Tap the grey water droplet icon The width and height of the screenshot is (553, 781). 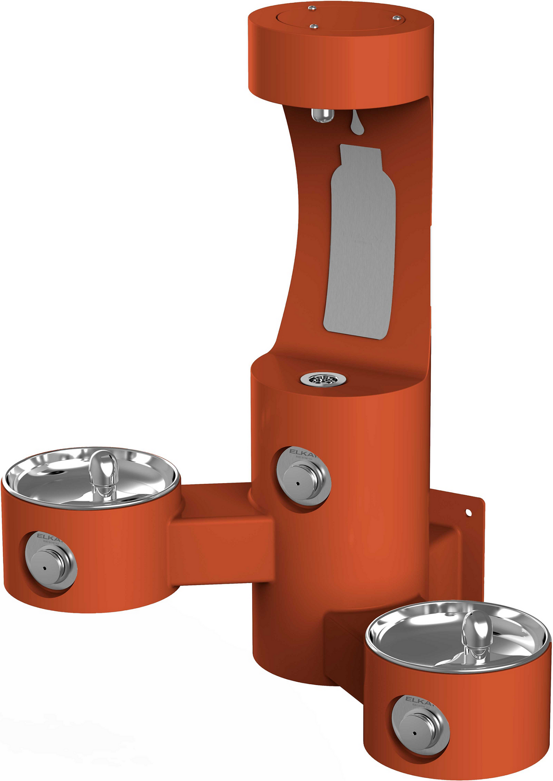tap(357, 124)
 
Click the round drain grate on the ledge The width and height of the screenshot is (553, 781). tap(323, 378)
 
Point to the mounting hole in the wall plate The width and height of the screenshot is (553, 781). tap(468, 513)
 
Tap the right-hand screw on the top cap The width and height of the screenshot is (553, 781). tap(396, 18)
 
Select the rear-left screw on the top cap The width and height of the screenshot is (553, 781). tap(312, 8)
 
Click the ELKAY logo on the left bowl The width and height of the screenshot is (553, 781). tap(47, 536)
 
